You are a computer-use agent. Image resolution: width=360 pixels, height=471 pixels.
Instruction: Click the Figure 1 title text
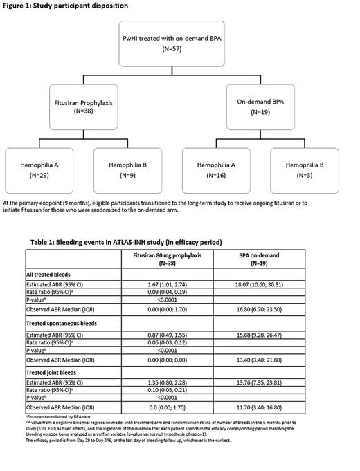pos(55,6)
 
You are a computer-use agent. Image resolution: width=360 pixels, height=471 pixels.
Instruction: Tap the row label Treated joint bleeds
pos(57,374)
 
